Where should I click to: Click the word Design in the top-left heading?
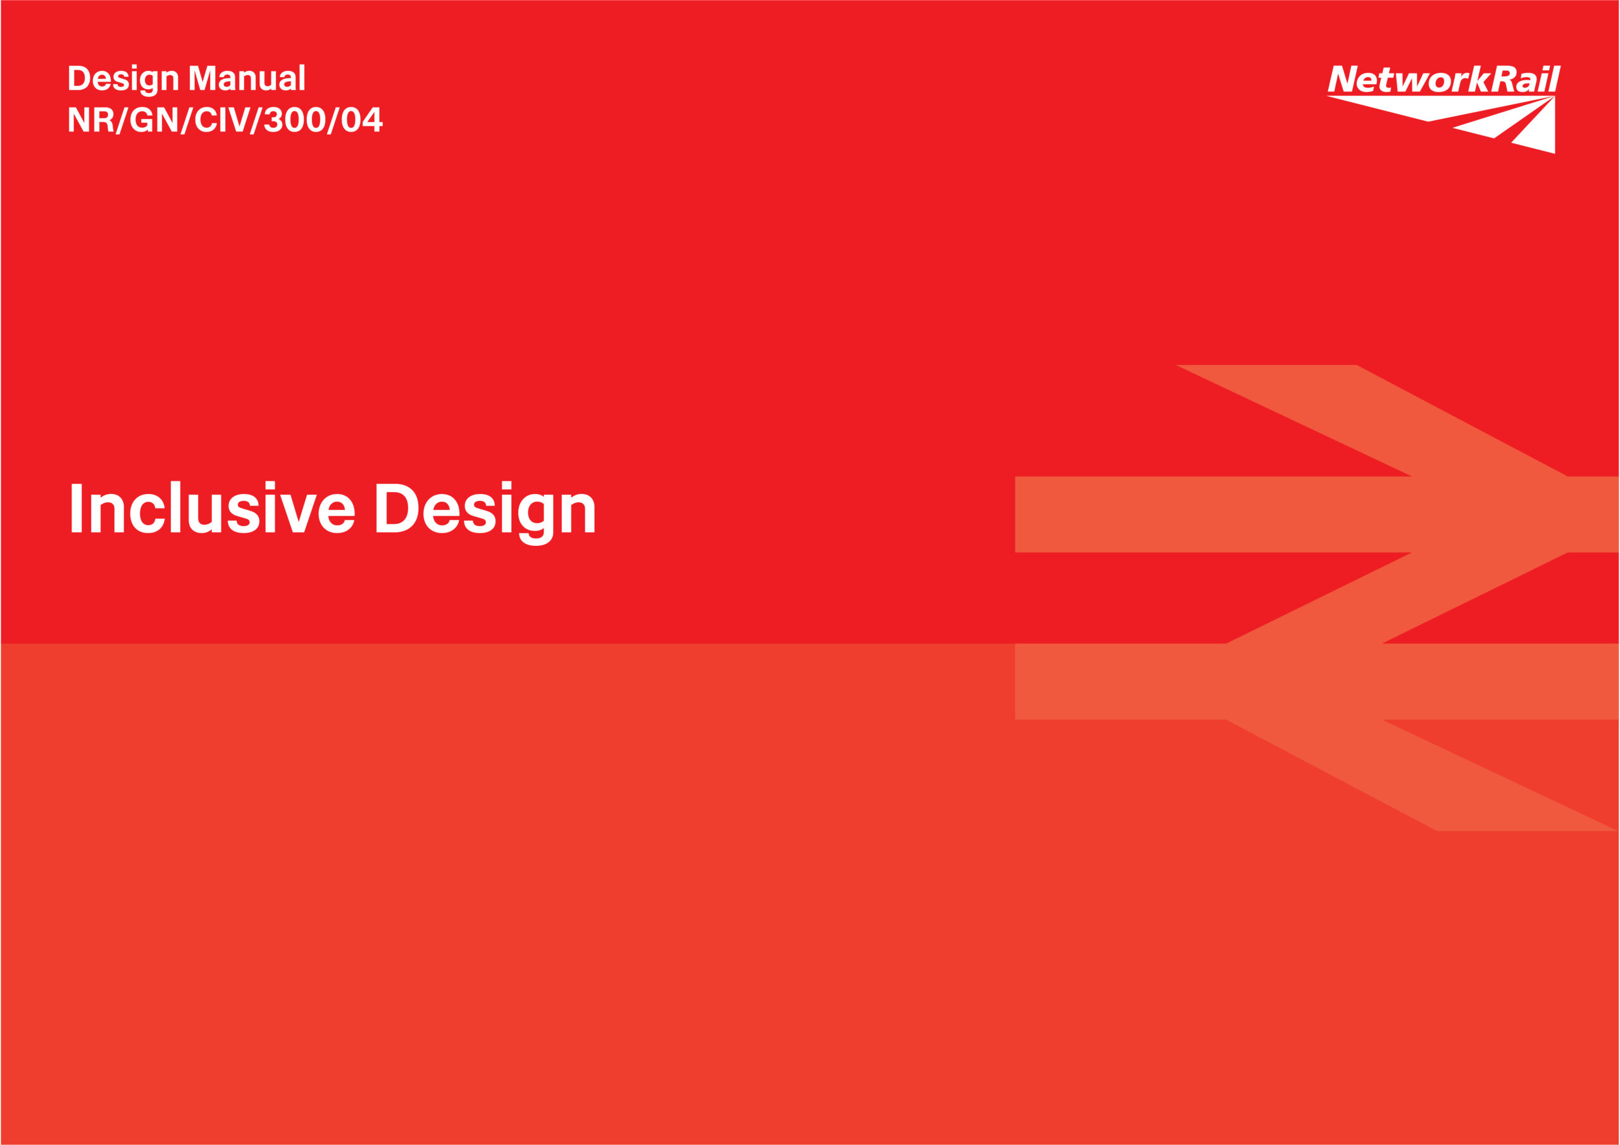pos(123,79)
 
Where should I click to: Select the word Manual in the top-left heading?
pos(247,78)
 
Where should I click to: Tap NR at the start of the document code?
pos(91,119)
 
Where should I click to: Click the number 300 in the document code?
pos(294,119)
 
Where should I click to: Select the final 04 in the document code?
pos(362,119)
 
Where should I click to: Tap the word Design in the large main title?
pos(485,513)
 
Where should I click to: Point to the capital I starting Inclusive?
pos(77,508)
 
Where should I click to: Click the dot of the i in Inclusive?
pos(270,485)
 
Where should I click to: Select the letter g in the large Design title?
pos(535,520)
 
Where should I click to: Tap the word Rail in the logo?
pos(1526,79)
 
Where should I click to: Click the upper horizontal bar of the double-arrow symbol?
pos(1317,514)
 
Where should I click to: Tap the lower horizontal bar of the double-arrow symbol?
pos(1317,681)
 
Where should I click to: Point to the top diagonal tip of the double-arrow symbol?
pos(1177,366)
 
